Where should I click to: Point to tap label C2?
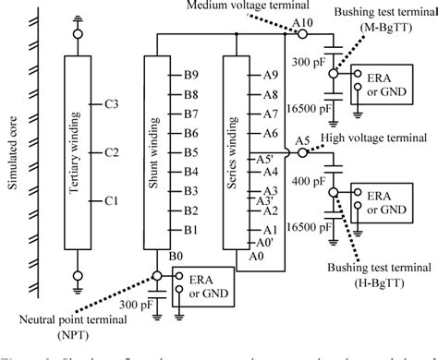pyautogui.click(x=111, y=152)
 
